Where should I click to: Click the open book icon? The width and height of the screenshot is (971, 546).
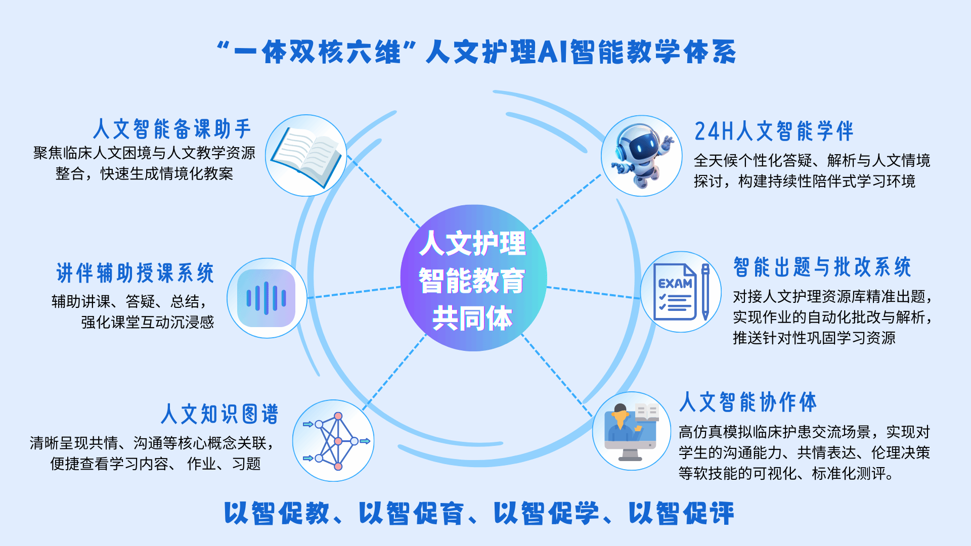click(x=306, y=156)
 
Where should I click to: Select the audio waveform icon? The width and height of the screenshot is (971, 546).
click(x=267, y=298)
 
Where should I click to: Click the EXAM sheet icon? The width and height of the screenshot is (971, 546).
click(x=675, y=292)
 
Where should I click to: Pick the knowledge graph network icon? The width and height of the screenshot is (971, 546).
click(x=336, y=441)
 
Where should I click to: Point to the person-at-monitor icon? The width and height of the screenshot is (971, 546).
click(x=632, y=431)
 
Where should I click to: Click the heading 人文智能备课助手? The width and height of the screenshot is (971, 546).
click(x=172, y=129)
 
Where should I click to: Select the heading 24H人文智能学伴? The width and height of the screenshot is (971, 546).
click(x=774, y=131)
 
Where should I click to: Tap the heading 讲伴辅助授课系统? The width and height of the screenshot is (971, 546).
click(x=136, y=273)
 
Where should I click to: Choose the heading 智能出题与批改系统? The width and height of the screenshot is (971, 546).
click(x=822, y=267)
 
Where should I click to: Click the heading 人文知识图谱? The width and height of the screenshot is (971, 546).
click(x=219, y=414)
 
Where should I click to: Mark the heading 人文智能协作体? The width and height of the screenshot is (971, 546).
click(x=748, y=402)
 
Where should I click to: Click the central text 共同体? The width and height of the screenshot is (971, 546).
click(x=472, y=318)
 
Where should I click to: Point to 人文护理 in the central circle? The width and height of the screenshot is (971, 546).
click(x=472, y=243)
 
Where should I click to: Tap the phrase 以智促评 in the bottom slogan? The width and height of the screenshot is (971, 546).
click(x=681, y=513)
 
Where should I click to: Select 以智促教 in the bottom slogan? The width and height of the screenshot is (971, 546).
click(x=277, y=513)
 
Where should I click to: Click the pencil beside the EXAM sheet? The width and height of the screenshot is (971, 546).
click(x=705, y=292)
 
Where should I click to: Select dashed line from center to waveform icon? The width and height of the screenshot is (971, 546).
click(x=354, y=292)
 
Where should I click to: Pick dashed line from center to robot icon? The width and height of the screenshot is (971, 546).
click(x=566, y=201)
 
